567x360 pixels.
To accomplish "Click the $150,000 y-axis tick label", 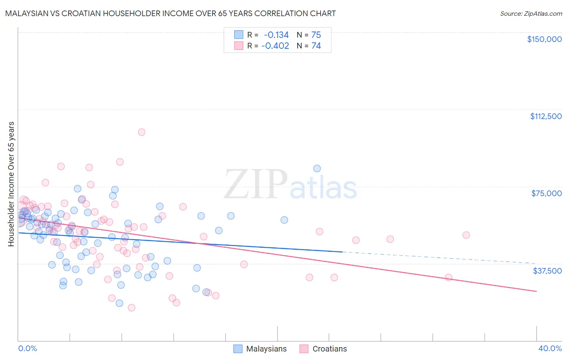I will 544,39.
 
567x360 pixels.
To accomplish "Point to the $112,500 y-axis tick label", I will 546,116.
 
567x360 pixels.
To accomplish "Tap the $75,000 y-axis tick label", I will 546,193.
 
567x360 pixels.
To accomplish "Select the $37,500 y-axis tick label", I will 547,270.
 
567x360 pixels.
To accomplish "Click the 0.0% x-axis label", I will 27,348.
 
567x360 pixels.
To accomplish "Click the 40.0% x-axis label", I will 550,348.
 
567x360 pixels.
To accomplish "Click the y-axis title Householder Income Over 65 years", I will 11,184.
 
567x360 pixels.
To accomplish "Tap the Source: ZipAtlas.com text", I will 531,14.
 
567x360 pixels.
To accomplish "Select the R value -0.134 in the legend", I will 276,35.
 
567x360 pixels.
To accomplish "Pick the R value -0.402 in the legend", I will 275,46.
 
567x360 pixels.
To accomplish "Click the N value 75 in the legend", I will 316,35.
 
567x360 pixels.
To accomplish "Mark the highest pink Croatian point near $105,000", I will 142,132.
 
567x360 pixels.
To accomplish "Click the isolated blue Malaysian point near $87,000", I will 317,169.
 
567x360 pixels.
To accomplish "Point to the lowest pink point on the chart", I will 131,308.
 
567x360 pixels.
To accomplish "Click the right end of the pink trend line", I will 536,291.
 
